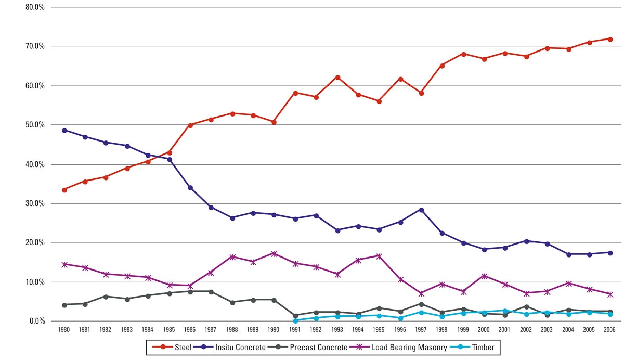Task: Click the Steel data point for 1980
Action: click(64, 190)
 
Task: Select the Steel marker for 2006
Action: click(610, 39)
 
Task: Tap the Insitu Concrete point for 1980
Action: click(64, 131)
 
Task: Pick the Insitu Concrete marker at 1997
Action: click(421, 210)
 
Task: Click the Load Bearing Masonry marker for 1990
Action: click(274, 254)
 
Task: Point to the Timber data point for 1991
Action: click(295, 320)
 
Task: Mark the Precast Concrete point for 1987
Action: click(211, 292)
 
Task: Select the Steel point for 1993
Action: click(337, 78)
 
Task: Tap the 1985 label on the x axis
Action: click(169, 329)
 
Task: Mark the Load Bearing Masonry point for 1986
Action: click(190, 286)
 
